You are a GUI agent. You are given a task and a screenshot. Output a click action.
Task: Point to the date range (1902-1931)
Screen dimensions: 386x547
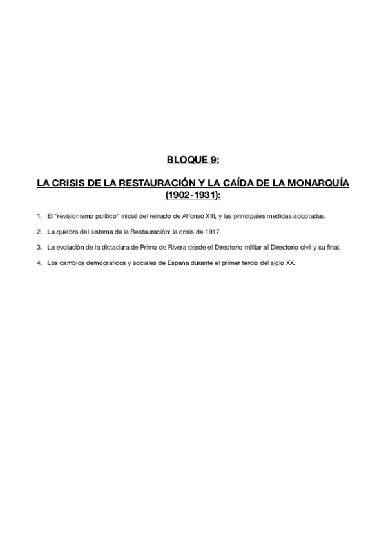coord(193,194)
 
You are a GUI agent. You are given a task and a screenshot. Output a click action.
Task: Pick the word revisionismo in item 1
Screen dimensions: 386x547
coord(75,215)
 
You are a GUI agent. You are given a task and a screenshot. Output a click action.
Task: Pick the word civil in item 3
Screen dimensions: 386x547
coord(303,247)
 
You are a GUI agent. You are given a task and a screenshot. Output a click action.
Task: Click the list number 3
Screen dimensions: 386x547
coord(39,247)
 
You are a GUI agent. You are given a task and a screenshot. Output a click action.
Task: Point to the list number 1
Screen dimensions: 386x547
coord(39,215)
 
